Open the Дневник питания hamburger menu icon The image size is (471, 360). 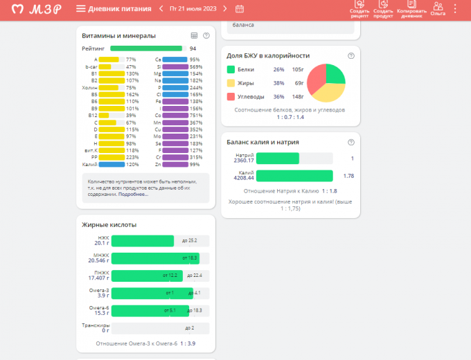click(81, 9)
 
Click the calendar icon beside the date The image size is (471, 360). click(240, 9)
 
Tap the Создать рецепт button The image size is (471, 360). click(359, 8)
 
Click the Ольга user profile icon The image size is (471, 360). click(438, 8)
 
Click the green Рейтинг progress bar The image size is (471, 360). click(146, 48)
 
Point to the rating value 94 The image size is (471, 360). click(193, 48)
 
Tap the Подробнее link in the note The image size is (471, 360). click(133, 195)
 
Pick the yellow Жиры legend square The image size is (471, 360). click(231, 82)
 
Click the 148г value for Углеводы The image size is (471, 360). click(299, 96)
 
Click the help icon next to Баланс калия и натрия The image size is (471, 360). click(351, 142)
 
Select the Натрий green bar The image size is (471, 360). click(277, 159)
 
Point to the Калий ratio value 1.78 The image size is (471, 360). click(348, 176)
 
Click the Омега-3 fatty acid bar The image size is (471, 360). click(152, 294)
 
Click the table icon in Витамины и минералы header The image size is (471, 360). click(194, 35)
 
